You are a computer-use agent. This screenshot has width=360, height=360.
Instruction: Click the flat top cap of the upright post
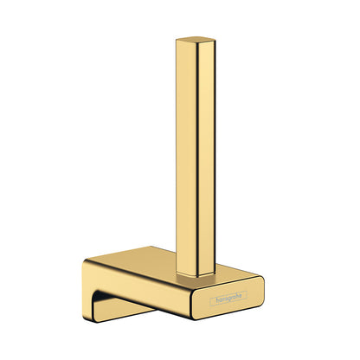(x=196, y=40)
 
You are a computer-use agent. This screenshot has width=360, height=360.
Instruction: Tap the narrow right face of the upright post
(x=207, y=157)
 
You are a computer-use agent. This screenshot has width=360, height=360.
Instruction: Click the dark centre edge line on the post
(x=197, y=158)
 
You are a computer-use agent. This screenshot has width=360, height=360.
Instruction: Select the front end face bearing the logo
(x=228, y=297)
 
